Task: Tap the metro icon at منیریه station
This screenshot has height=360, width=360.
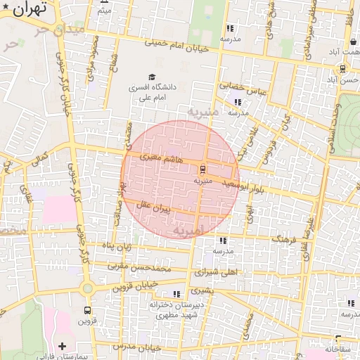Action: (x=202, y=169)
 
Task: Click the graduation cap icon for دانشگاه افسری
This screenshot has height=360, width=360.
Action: (x=151, y=77)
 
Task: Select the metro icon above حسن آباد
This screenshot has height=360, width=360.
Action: (x=342, y=69)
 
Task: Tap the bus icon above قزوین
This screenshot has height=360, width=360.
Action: (x=87, y=310)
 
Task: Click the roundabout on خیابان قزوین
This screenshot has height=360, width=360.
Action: (x=86, y=288)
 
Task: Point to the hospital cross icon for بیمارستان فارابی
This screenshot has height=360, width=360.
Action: (x=63, y=346)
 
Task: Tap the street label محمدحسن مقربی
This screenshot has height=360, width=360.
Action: (x=140, y=267)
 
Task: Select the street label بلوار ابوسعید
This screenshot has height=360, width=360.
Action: (x=243, y=184)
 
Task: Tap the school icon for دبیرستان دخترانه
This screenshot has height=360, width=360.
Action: (x=176, y=294)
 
